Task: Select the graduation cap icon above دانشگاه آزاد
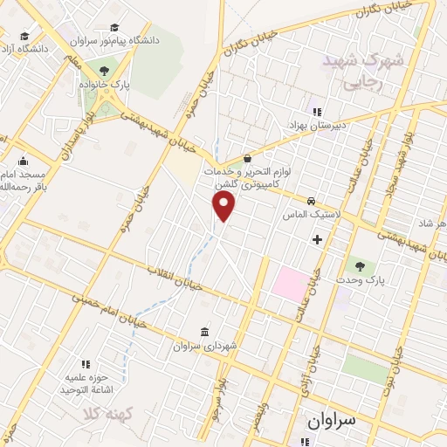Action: (24, 37)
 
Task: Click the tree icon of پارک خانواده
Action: (104, 69)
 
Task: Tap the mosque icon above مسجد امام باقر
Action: (23, 161)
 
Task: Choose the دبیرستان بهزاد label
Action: (320, 125)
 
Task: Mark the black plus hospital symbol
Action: (317, 237)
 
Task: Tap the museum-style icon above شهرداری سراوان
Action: (203, 332)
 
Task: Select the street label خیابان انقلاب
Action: (175, 278)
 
